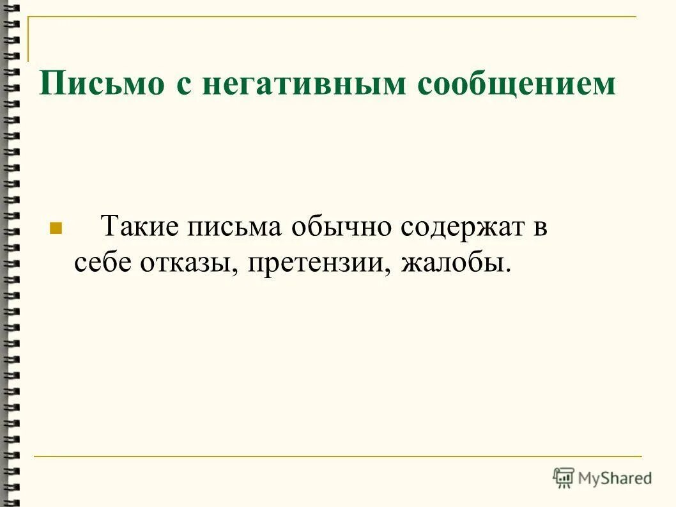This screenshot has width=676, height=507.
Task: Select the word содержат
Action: pyautogui.click(x=462, y=227)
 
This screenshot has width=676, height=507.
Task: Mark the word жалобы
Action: pyautogui.click(x=452, y=263)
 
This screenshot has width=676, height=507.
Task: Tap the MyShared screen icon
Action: pyautogui.click(x=564, y=478)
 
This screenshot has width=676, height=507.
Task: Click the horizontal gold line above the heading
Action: pyautogui.click(x=332, y=17)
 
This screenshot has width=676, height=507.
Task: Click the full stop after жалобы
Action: pyautogui.click(x=509, y=269)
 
